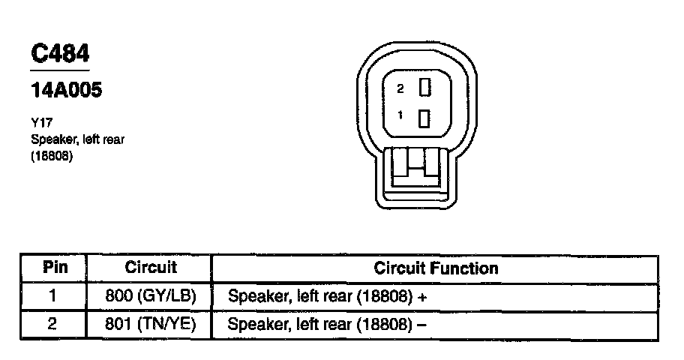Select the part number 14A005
67,91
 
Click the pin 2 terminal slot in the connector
424,88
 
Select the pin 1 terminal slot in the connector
424,118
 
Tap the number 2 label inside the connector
400,88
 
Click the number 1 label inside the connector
400,115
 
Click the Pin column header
54,268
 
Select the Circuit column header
150,268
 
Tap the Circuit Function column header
435,268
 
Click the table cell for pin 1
53,296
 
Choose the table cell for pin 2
53,325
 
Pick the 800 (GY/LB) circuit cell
151,296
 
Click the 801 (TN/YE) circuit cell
151,325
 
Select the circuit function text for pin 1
320,296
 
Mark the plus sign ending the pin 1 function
423,297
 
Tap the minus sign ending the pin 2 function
422,325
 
